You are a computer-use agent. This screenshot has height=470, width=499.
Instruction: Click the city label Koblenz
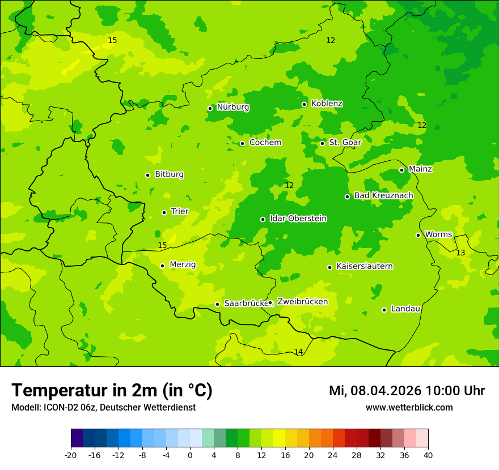click(327, 104)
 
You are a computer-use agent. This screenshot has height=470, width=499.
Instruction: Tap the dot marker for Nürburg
click(210, 108)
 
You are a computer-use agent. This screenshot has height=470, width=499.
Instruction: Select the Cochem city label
click(265, 143)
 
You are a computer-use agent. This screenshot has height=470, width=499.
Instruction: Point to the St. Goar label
click(345, 143)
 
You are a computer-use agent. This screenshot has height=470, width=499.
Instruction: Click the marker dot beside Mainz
click(401, 170)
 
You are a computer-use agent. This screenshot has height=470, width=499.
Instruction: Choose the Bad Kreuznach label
click(383, 196)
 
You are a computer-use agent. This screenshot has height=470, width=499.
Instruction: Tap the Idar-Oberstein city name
click(298, 219)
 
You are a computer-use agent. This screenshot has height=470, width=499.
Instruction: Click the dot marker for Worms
click(418, 235)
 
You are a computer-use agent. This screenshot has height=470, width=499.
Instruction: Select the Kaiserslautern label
click(364, 267)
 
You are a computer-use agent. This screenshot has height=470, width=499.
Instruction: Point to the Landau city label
click(405, 309)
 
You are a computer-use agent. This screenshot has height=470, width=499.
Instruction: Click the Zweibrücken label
click(302, 302)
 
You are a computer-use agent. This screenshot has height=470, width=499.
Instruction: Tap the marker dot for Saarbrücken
click(217, 304)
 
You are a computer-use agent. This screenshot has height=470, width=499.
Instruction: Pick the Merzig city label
click(183, 264)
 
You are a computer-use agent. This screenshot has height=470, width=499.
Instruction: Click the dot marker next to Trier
click(164, 212)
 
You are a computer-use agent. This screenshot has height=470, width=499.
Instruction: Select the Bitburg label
click(169, 174)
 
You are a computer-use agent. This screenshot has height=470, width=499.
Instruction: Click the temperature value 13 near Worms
click(460, 253)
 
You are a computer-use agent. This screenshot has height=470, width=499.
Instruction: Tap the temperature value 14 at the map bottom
click(298, 352)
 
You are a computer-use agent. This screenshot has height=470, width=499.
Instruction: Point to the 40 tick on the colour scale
click(428, 455)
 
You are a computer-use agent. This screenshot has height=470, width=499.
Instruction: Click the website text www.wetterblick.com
click(409, 408)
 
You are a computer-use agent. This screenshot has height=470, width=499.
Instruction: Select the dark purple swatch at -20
click(77, 438)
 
